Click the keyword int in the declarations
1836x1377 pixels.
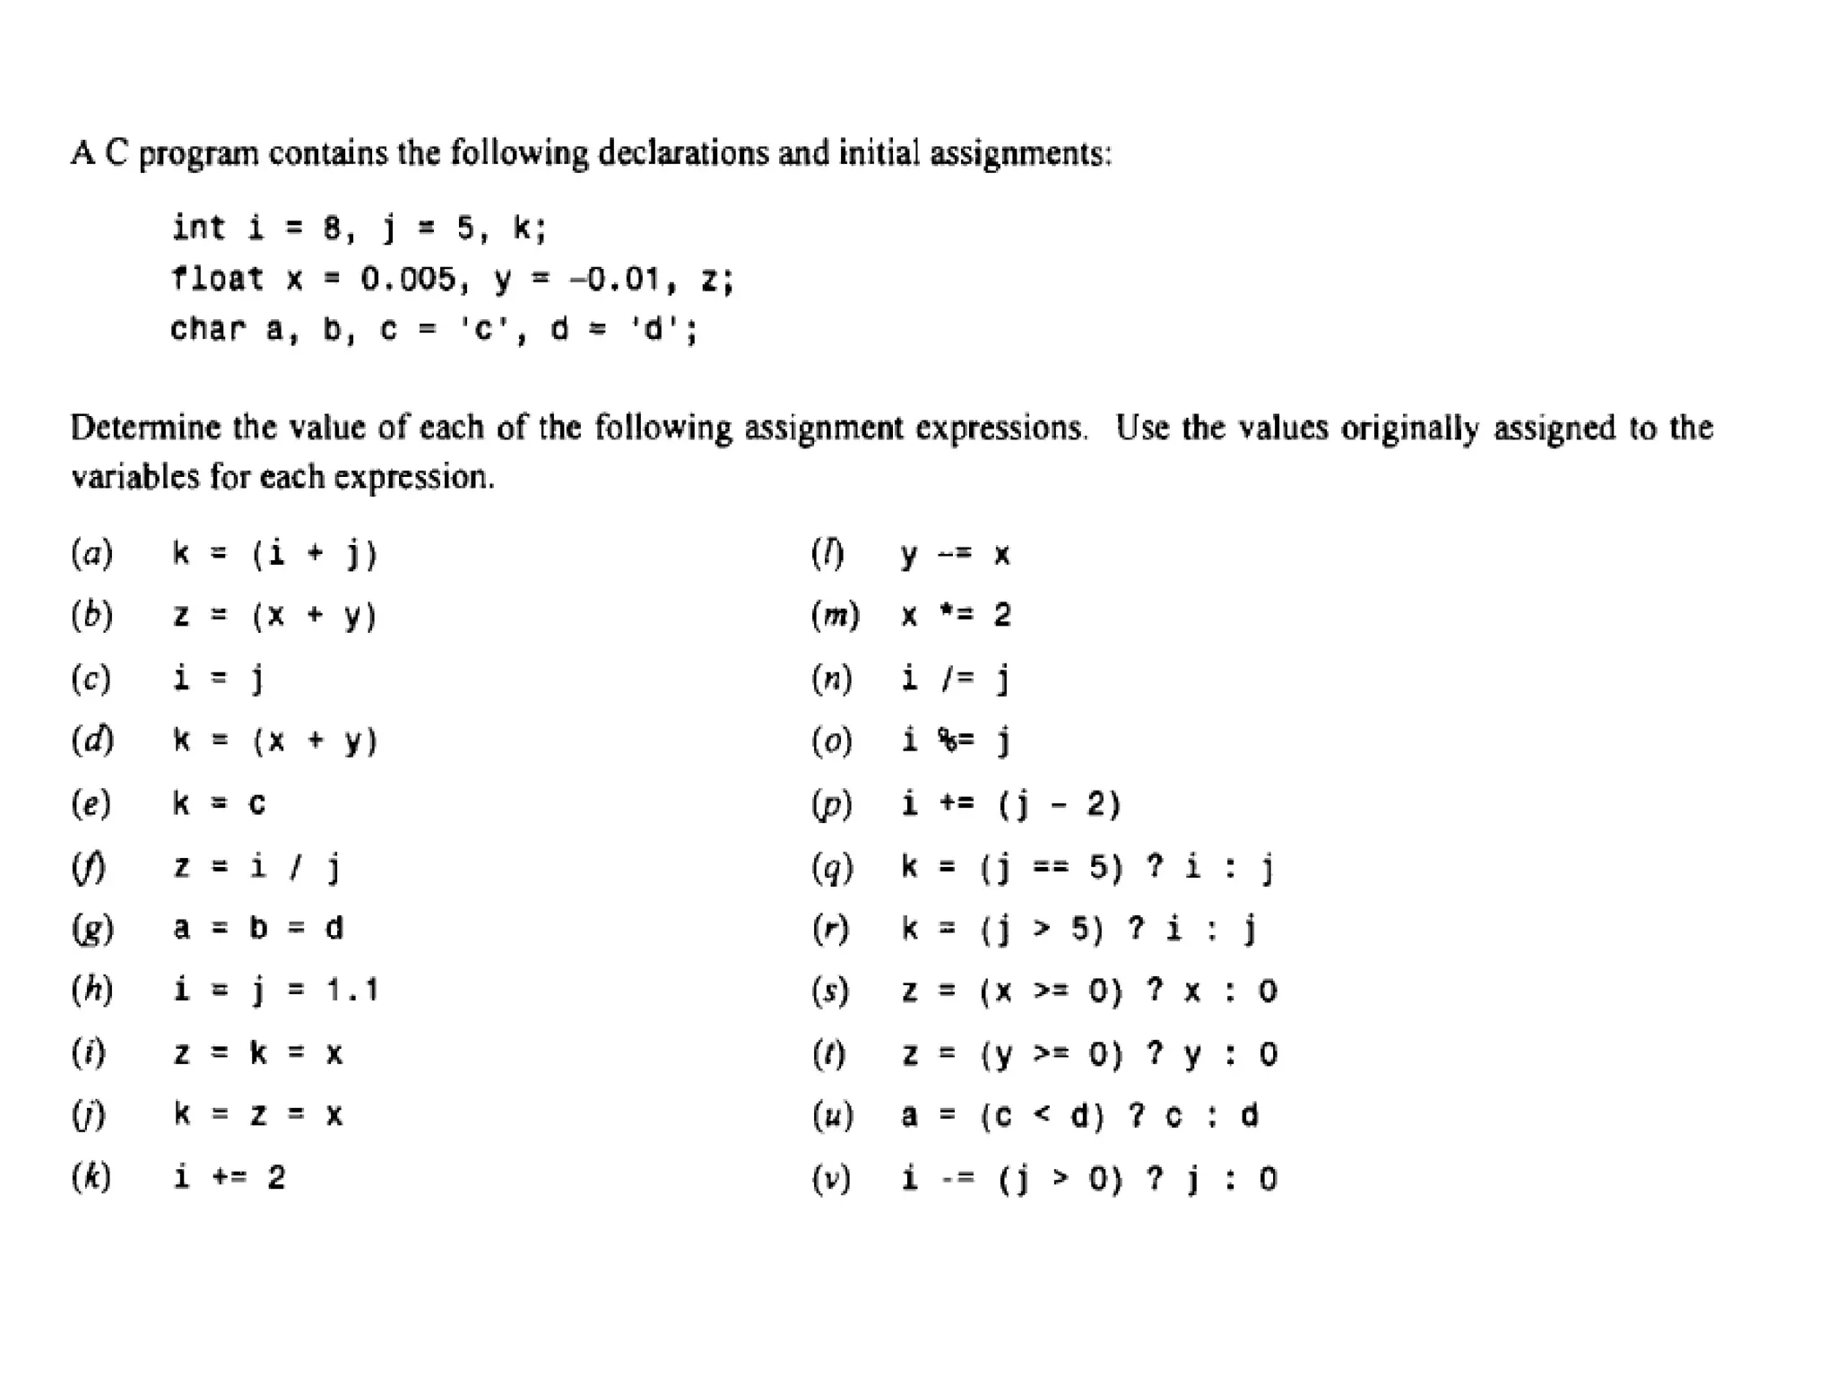tap(198, 228)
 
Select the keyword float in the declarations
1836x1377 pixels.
tap(218, 279)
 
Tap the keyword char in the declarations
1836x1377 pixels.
tap(208, 329)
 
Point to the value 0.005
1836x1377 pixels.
tap(408, 279)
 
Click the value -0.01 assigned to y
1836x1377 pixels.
tap(616, 279)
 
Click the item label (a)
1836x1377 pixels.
tap(92, 553)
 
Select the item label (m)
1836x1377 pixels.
tap(836, 615)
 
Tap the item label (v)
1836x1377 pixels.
tap(831, 1178)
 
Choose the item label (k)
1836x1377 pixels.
tap(92, 1177)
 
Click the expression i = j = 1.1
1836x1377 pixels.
tap(275, 991)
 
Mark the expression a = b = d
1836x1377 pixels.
tap(257, 928)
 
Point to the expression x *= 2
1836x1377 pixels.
tap(956, 615)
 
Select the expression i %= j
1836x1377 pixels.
tap(956, 740)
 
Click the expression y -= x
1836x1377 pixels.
tap(956, 554)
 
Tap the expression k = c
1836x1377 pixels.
tap(219, 803)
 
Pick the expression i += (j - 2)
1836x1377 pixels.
tap(1010, 803)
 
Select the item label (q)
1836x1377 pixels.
tap(832, 867)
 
